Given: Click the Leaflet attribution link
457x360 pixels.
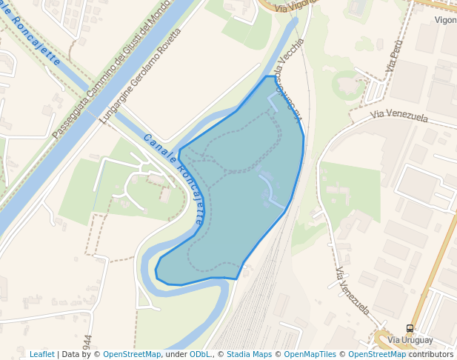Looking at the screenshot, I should [41, 354].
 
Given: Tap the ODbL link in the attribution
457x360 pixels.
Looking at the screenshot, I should [199, 354].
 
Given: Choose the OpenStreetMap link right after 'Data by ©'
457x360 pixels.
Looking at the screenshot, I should [132, 354].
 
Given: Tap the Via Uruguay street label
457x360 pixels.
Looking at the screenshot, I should [410, 339].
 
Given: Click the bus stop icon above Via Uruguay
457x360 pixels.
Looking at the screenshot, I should [410, 328].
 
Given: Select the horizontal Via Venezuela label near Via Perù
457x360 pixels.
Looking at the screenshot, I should [399, 116].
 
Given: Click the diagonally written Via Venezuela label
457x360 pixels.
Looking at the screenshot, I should [352, 291].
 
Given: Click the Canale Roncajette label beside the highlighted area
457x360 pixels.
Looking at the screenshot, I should [175, 179].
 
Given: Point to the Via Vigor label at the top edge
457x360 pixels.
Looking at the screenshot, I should [290, 7].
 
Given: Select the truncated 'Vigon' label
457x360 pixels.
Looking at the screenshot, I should [444, 20].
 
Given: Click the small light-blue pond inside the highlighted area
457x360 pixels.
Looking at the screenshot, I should [266, 194].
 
